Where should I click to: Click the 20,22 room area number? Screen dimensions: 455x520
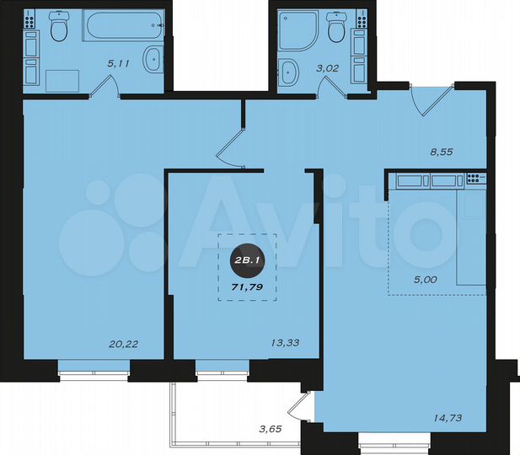(x=124, y=343)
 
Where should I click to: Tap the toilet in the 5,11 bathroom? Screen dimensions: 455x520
(x=59, y=29)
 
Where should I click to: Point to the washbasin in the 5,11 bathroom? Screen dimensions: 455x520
(x=153, y=60)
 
